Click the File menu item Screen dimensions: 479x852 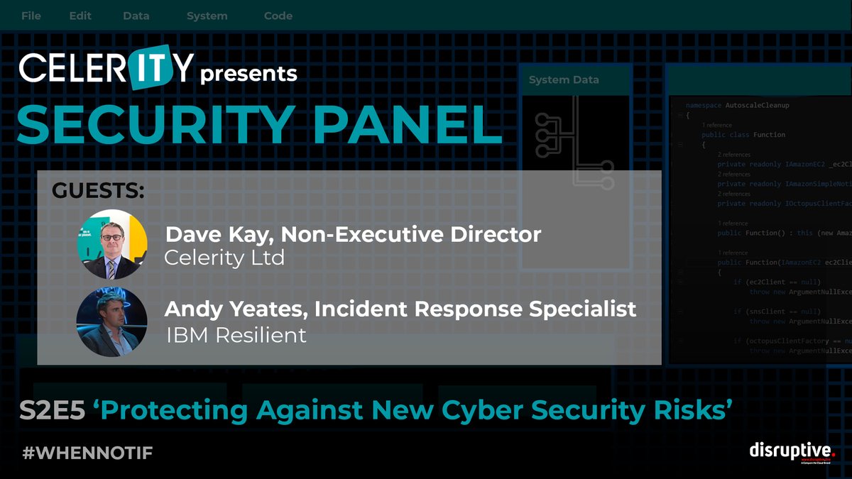(x=31, y=16)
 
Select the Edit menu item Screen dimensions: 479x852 (x=80, y=16)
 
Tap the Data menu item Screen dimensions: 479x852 (x=136, y=16)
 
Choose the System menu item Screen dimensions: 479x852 (x=207, y=16)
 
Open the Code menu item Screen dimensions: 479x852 (x=278, y=16)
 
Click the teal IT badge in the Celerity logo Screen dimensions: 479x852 (x=152, y=68)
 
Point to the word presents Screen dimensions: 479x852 (x=249, y=73)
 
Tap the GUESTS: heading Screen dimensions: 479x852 (x=98, y=191)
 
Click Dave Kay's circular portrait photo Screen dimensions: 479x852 (x=112, y=244)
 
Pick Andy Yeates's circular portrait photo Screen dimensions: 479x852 (x=112, y=321)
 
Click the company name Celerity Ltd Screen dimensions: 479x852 (x=224, y=258)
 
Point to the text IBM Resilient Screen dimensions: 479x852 (x=236, y=335)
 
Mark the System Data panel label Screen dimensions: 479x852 (x=564, y=80)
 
